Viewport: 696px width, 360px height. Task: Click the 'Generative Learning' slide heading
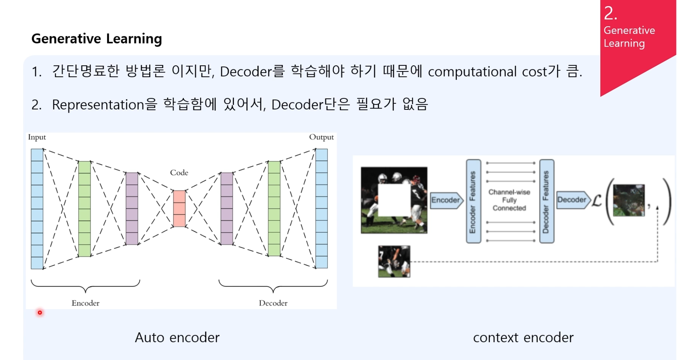(x=96, y=39)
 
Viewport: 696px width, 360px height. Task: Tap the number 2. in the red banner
(x=610, y=14)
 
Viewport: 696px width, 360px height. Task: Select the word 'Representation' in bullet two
(x=98, y=105)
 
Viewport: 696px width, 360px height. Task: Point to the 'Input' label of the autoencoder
(x=37, y=137)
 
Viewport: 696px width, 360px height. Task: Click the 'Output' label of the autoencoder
(x=321, y=137)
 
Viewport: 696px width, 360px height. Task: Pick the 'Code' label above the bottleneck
(x=179, y=173)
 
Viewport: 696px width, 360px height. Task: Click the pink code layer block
(x=179, y=209)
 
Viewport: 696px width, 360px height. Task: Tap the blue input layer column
(x=37, y=209)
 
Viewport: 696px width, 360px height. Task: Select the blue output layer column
(x=322, y=209)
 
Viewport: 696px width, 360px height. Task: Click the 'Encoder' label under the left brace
(x=85, y=303)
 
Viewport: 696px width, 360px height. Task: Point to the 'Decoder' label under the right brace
(x=273, y=303)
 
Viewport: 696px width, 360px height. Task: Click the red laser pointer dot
(x=40, y=313)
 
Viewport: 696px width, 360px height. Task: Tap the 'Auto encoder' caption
(x=177, y=338)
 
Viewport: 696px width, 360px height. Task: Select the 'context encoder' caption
(x=523, y=338)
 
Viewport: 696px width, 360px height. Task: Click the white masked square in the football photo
(x=394, y=200)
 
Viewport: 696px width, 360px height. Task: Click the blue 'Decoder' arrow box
(x=573, y=200)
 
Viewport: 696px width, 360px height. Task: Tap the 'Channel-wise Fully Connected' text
(x=509, y=200)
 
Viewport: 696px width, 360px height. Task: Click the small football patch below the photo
(x=394, y=261)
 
